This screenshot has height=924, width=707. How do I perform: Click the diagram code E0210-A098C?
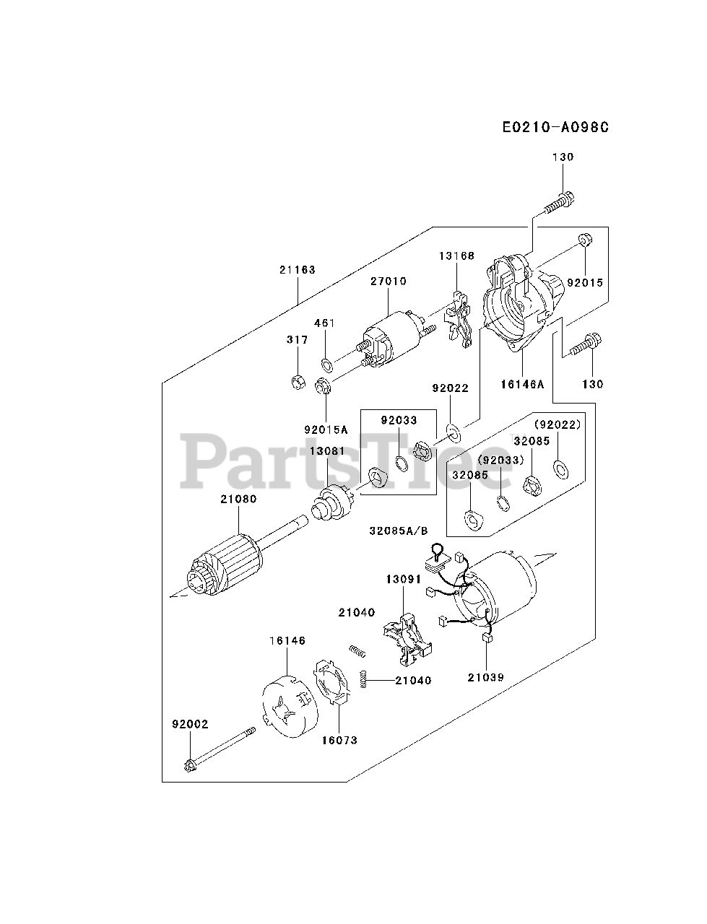[x=555, y=127]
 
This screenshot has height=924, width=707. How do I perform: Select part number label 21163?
[x=298, y=269]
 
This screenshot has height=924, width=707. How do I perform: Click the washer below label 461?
[x=326, y=361]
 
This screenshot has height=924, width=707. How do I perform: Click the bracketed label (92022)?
[x=557, y=424]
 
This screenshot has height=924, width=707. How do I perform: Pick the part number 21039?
[x=485, y=677]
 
